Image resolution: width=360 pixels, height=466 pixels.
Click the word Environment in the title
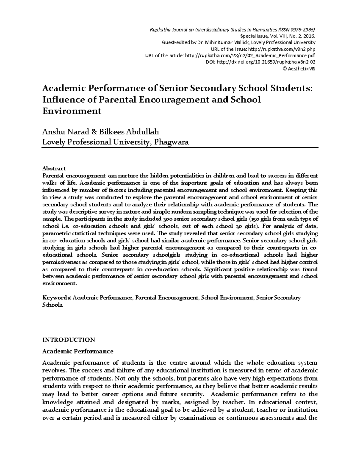point(72,111)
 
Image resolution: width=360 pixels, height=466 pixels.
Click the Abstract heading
point(54,168)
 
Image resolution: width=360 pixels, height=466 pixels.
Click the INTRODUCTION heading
point(68,340)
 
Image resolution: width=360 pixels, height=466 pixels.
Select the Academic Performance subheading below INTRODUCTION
point(78,351)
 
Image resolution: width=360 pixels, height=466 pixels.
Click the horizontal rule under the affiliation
point(180,147)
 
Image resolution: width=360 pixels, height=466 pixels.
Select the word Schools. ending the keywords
point(53,305)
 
